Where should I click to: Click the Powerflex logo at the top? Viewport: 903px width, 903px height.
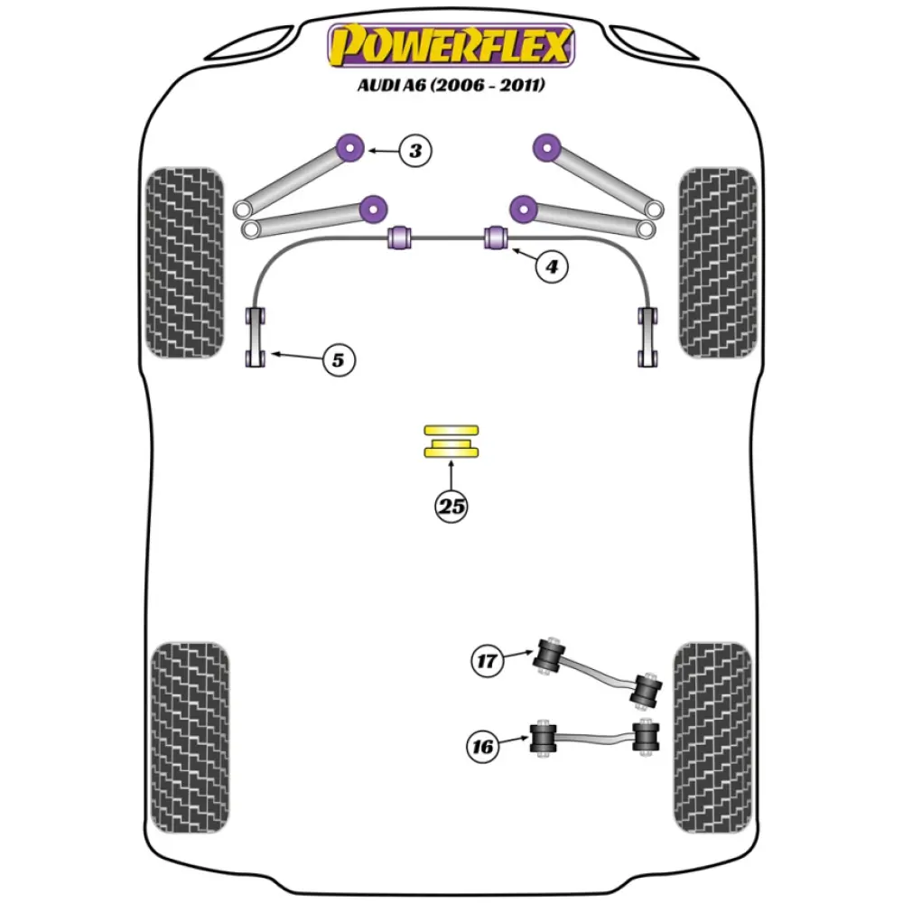coord(451,45)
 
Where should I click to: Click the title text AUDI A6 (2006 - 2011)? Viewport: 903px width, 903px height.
coord(451,86)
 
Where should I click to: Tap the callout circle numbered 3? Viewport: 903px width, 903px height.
coord(414,150)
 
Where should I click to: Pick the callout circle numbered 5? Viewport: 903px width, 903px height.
coord(337,360)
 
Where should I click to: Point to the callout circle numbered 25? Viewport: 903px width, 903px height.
coord(451,507)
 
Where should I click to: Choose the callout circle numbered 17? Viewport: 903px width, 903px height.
coord(487,661)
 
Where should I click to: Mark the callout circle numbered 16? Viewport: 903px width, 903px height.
coord(484,746)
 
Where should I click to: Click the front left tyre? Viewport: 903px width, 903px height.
coord(184,262)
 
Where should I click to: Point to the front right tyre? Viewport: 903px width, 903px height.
coord(717,262)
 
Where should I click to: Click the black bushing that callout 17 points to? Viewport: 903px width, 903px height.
coord(549,656)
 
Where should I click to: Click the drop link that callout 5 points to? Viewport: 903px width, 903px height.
coord(256,338)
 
